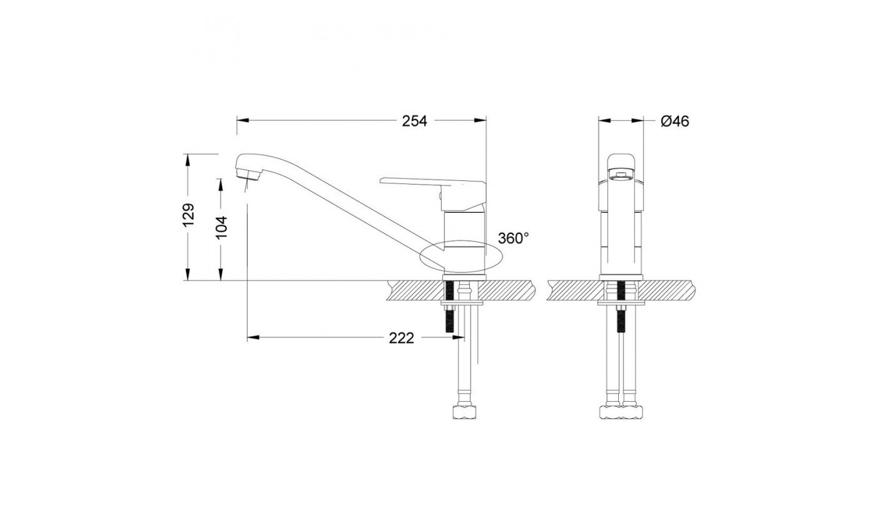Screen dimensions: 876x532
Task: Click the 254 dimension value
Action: [414, 121]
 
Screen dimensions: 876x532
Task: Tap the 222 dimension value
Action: [401, 338]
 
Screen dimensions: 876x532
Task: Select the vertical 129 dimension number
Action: [188, 215]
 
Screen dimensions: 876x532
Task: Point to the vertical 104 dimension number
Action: [222, 228]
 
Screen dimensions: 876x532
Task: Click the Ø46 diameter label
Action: [675, 121]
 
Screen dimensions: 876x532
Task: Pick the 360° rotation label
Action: [514, 238]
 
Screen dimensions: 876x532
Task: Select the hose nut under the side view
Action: [464, 412]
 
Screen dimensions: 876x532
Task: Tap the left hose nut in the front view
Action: [610, 412]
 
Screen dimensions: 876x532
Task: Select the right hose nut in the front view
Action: [632, 412]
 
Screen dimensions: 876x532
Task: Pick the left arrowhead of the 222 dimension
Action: [253, 337]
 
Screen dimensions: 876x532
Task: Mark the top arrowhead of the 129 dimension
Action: [188, 160]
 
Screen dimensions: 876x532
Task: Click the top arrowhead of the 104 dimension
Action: [221, 185]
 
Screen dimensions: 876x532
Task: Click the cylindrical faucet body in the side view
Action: [464, 242]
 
